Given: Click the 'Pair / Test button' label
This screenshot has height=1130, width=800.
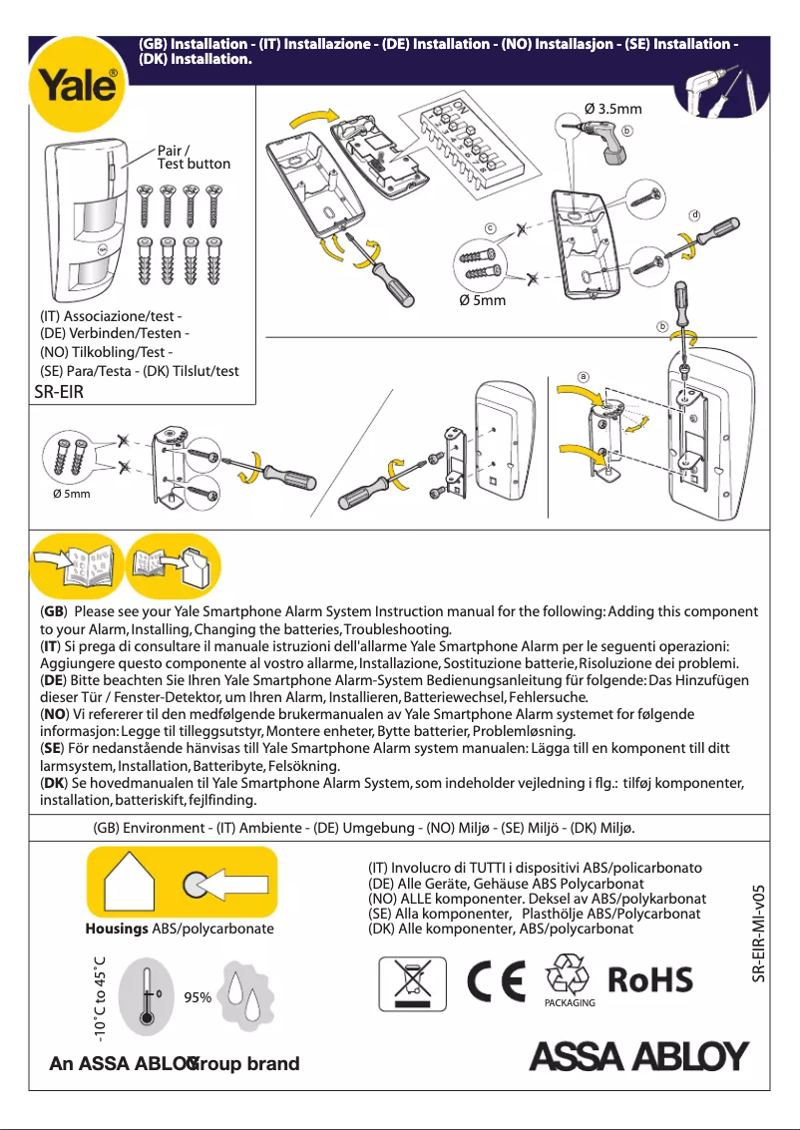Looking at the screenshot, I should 194,157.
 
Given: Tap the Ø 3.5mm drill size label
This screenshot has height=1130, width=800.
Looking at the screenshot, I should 612,109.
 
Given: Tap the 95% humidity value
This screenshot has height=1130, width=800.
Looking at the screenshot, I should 199,997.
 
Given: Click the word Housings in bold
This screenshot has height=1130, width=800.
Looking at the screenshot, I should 117,929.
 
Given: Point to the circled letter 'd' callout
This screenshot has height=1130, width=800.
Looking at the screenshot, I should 695,215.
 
